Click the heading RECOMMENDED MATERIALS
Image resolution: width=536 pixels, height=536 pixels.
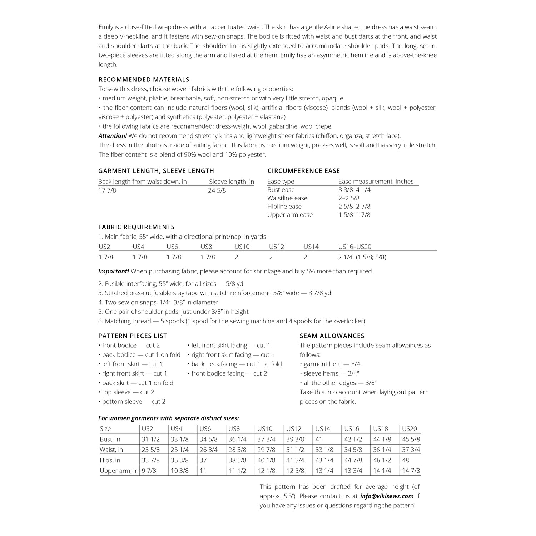144,79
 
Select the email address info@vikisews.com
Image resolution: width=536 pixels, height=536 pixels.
387,496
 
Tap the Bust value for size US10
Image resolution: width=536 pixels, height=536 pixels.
266,439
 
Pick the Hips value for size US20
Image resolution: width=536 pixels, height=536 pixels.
405,460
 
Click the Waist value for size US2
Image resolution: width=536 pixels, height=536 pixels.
151,450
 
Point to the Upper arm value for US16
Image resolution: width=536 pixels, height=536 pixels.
353,471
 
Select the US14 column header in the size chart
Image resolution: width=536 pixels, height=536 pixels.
323,428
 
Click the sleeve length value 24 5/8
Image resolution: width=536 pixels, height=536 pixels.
217,190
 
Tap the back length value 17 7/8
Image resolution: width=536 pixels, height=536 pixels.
107,190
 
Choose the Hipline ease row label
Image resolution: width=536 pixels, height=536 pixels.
284,207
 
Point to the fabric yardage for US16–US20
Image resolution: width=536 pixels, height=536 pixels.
362,257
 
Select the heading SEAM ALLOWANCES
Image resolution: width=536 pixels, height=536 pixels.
332,336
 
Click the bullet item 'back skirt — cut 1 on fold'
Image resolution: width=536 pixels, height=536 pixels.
136,383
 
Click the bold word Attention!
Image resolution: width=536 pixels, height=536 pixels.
113,136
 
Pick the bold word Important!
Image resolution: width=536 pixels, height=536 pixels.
114,271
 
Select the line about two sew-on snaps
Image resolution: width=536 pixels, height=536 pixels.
158,302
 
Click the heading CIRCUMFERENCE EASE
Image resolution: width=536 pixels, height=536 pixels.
304,171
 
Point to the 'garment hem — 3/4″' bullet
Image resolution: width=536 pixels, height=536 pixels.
329,364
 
